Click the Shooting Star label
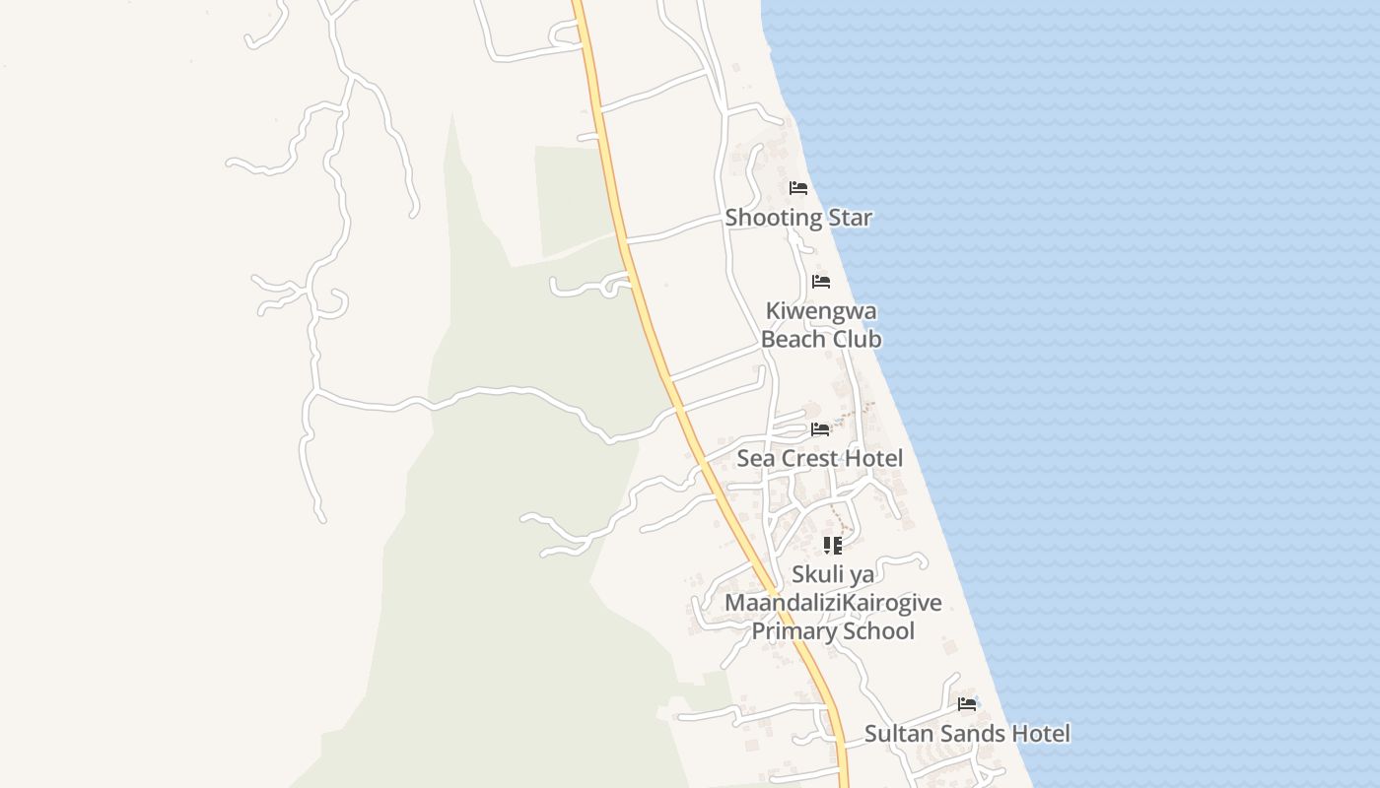click(798, 218)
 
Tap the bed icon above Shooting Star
click(798, 188)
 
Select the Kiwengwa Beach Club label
click(821, 325)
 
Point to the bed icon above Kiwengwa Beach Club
click(821, 282)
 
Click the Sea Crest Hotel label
click(820, 458)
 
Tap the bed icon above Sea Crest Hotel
click(820, 429)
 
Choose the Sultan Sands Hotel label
click(967, 734)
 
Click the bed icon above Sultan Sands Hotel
click(967, 704)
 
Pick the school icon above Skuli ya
click(833, 545)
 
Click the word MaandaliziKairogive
click(833, 603)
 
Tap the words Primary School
click(833, 631)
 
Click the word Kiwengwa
click(821, 311)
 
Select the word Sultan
click(896, 734)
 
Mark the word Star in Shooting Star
click(850, 218)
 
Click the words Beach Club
click(821, 339)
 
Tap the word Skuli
click(816, 574)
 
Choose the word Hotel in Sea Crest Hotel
click(876, 458)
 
